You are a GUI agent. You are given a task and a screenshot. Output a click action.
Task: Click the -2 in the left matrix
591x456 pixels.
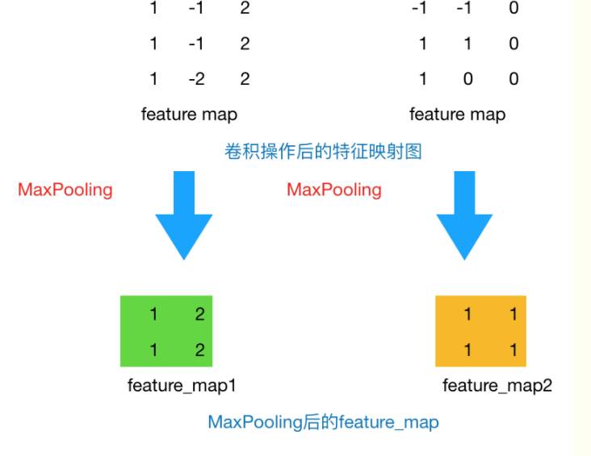(x=195, y=78)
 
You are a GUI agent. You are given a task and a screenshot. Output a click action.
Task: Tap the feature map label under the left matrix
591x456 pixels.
(x=189, y=114)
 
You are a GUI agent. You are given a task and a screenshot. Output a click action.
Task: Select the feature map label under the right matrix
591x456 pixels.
(x=457, y=114)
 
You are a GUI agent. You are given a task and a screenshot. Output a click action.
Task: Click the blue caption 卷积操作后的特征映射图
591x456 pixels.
(x=323, y=151)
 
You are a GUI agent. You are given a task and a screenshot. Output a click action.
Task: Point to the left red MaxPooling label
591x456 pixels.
(x=65, y=190)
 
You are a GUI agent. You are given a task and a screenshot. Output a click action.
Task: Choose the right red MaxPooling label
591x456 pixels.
(x=334, y=190)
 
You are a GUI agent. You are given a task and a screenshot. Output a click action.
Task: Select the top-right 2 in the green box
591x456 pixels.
(x=199, y=315)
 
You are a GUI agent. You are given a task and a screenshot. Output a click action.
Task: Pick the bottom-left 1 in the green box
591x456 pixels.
(x=153, y=350)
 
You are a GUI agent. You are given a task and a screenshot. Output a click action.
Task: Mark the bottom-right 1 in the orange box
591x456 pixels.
(x=513, y=350)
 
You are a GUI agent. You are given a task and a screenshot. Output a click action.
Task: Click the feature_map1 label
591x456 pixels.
(x=182, y=385)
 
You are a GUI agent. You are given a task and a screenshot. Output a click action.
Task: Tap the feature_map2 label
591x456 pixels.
(x=497, y=385)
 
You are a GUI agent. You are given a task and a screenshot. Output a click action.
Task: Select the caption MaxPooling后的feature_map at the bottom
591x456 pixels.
(x=323, y=421)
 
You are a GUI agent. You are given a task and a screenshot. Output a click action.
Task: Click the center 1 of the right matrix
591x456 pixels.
(x=467, y=44)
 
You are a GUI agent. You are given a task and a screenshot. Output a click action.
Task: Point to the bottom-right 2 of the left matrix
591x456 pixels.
(x=244, y=78)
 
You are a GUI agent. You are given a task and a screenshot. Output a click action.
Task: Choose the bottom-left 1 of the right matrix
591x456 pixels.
(x=422, y=78)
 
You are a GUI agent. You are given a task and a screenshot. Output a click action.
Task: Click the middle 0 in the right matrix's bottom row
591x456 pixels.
(x=467, y=78)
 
